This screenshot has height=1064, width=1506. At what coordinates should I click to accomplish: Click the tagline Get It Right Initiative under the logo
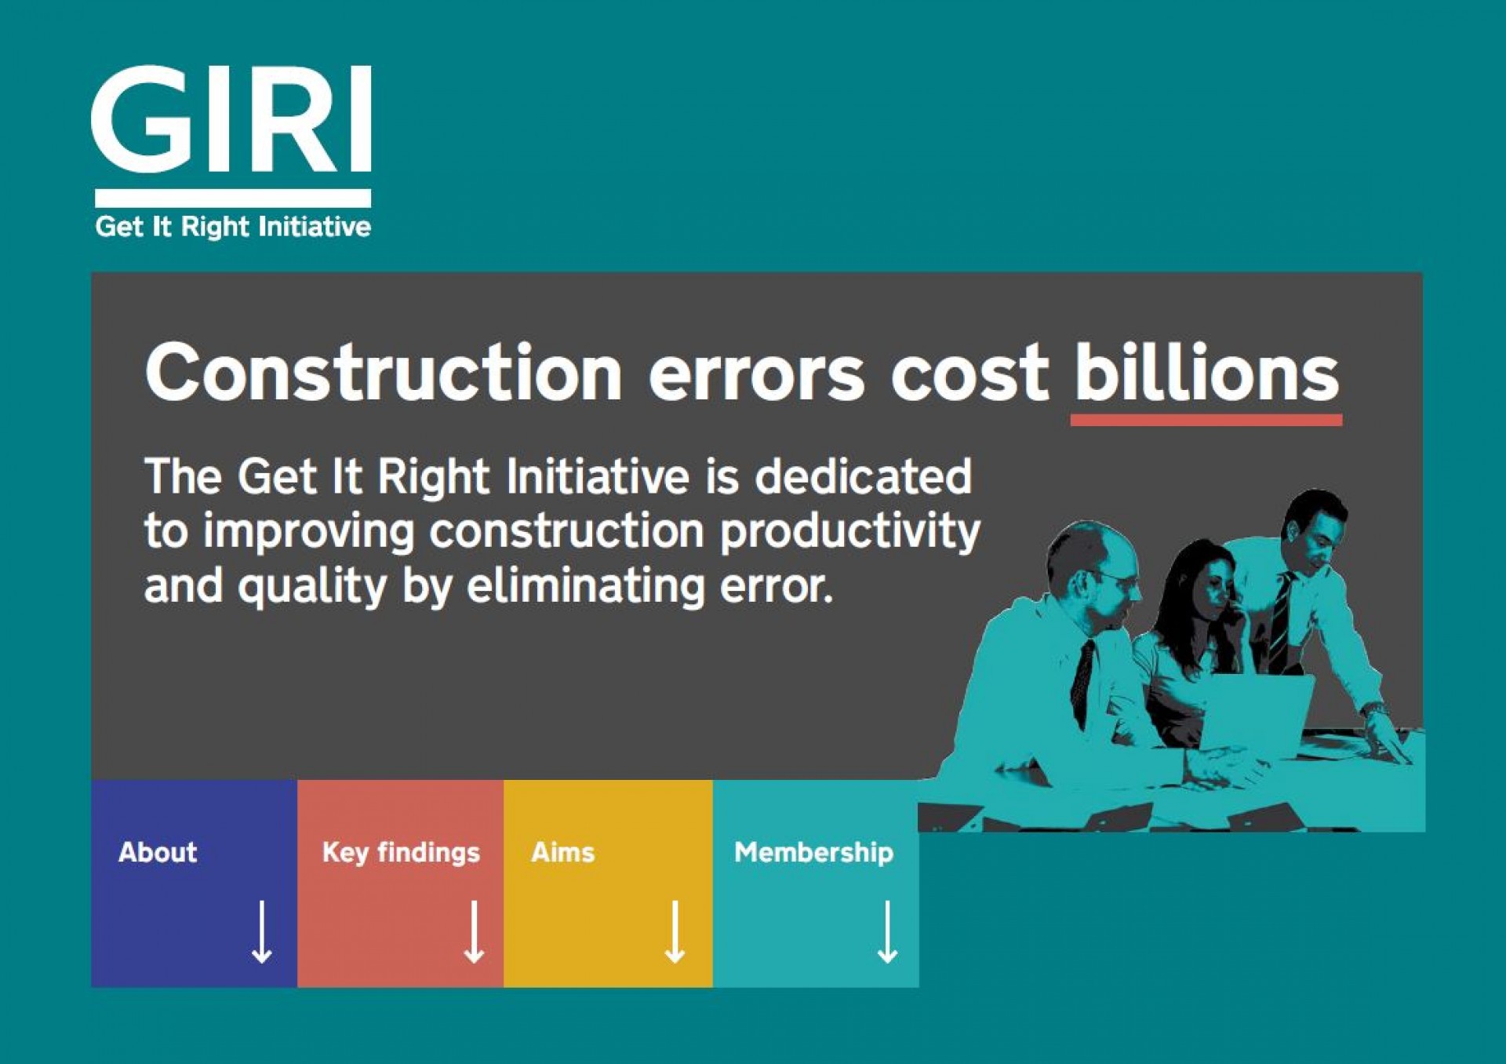point(233,227)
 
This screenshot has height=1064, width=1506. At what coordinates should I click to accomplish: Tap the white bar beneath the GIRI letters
point(233,198)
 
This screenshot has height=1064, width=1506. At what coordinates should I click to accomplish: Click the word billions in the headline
point(1206,372)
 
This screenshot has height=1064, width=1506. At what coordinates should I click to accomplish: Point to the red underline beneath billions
point(1206,420)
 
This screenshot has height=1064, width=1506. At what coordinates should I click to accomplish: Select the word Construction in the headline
point(384,373)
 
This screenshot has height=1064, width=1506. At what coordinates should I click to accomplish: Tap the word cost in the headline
point(969,375)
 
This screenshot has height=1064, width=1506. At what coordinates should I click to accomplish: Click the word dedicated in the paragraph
point(864,476)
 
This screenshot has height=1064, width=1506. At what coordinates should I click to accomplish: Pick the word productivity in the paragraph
point(850,534)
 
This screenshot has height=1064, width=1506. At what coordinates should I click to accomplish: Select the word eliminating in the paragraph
point(586,587)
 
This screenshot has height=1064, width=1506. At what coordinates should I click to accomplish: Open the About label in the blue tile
point(158,852)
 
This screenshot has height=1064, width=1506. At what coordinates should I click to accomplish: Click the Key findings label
point(401,853)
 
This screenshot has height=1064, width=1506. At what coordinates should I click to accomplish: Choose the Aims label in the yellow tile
point(563,852)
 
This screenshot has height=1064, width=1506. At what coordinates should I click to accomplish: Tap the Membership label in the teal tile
point(813,853)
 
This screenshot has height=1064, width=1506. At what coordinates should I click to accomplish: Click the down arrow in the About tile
point(262,932)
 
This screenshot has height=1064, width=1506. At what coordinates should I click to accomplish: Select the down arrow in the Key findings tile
point(474,932)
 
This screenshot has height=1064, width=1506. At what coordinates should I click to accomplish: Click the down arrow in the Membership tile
point(887,932)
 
